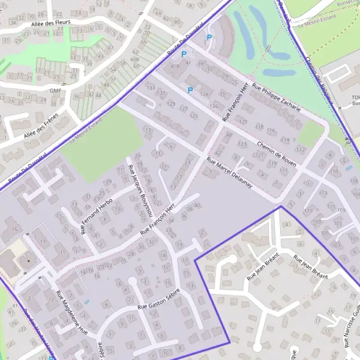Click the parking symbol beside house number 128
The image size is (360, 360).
point(190,91)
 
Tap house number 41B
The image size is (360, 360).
point(176,67)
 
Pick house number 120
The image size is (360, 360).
point(242,121)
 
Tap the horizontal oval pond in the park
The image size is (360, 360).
point(277,72)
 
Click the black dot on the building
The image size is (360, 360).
point(26,262)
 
